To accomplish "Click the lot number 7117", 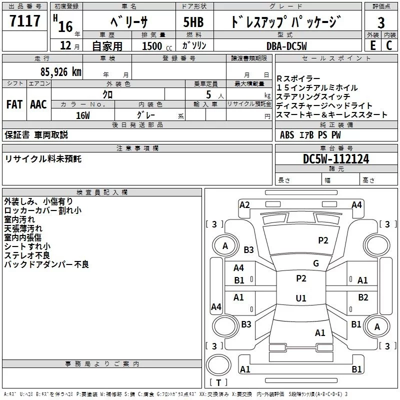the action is pos(25,21).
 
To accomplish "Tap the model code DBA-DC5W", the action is pos(286,45).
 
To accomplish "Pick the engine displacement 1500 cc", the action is pos(155,46).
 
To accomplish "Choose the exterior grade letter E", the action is pos(372,45).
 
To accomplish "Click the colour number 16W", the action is pos(83,115).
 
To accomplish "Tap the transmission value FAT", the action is pos(14,104).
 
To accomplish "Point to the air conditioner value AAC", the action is pos(38,104).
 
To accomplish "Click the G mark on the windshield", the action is pos(315,263).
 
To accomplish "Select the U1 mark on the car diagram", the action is pos(300,298).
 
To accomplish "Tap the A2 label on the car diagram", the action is pos(244,205).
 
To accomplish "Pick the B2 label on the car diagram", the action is pos(363,297).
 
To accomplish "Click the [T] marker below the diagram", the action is pos(218,383).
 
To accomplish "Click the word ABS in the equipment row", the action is pos(287,135).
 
